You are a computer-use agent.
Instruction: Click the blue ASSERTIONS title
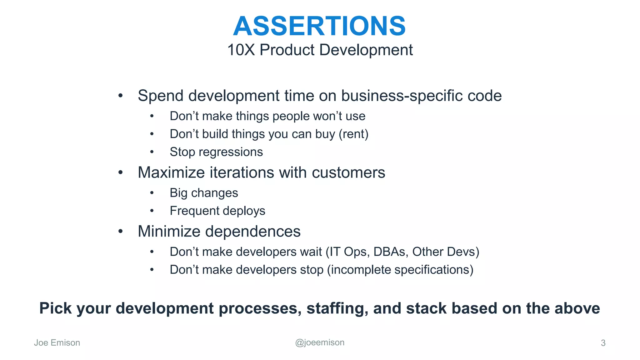click(x=319, y=26)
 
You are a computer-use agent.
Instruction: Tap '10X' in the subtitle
click(x=241, y=50)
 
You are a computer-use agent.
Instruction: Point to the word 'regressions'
click(x=231, y=152)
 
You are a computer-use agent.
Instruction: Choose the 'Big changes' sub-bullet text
click(x=204, y=193)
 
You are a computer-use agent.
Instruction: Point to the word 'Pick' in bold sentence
click(x=56, y=308)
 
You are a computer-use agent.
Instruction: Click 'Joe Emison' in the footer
click(x=57, y=343)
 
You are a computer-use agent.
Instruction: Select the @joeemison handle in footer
click(x=320, y=342)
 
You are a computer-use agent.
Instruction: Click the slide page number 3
click(x=603, y=343)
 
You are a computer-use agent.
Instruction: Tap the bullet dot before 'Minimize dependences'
click(x=121, y=232)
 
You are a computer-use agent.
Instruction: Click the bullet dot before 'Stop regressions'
click(x=152, y=152)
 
